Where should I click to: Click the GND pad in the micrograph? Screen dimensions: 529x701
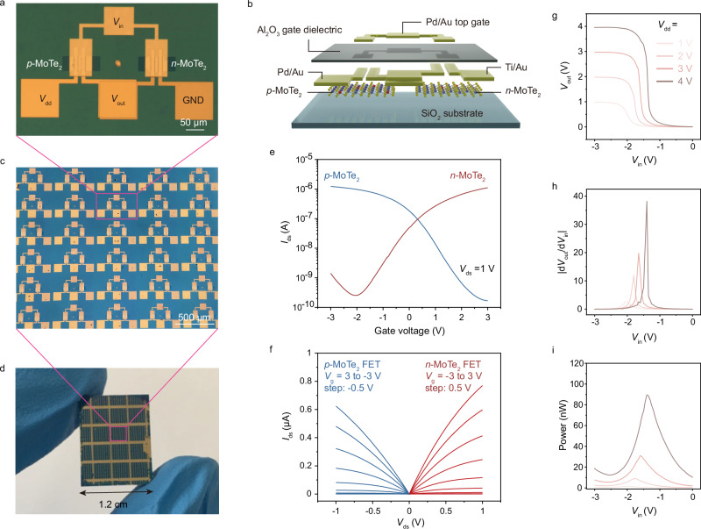[196, 98]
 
